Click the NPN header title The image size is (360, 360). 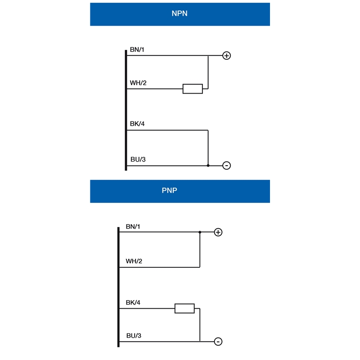click(x=180, y=13)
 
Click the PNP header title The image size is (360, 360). click(x=170, y=190)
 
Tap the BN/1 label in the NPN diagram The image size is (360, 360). click(x=137, y=49)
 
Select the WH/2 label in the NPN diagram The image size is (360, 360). click(x=138, y=83)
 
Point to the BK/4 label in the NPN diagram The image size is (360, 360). click(x=137, y=123)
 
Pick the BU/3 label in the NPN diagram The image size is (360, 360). click(x=138, y=159)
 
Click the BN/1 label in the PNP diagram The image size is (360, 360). click(x=133, y=226)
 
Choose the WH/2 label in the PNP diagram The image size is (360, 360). click(x=134, y=261)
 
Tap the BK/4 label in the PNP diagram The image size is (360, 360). click(x=133, y=302)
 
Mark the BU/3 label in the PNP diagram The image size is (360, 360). click(x=134, y=335)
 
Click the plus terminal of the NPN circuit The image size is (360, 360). click(x=227, y=55)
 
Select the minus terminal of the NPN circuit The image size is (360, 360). click(x=227, y=166)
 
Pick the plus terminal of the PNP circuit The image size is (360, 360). click(x=218, y=232)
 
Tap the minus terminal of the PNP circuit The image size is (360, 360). click(x=218, y=342)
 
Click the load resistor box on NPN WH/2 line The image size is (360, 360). click(x=193, y=89)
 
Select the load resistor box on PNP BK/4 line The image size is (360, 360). click(x=184, y=308)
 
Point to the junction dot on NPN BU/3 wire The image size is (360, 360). click(x=208, y=166)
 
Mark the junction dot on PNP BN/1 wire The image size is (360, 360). click(x=200, y=232)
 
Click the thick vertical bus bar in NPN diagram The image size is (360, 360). click(x=126, y=110)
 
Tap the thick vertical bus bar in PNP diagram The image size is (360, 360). click(x=118, y=287)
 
